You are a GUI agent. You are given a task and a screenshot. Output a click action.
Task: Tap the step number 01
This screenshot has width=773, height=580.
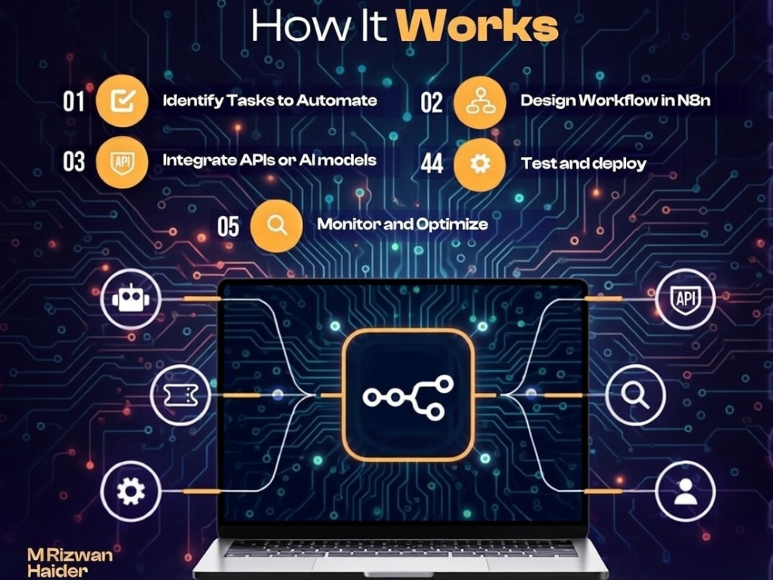coord(74,101)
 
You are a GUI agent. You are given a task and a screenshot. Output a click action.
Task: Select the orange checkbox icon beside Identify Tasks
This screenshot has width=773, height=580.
coord(122,101)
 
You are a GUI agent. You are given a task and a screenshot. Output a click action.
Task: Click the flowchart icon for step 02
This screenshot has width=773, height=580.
coord(480,103)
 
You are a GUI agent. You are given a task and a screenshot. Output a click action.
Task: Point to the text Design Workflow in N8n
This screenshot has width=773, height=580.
coord(615,101)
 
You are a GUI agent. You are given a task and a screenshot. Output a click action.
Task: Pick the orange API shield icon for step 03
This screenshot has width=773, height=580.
coord(122,162)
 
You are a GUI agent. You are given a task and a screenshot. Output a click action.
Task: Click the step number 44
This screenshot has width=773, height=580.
coord(432,163)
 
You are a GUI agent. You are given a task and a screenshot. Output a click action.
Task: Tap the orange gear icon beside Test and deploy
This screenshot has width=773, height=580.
coord(480,164)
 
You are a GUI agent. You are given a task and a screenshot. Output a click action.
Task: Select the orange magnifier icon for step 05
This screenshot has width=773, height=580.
coord(277,226)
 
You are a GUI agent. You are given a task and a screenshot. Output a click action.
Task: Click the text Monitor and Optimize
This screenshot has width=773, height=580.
coord(402,224)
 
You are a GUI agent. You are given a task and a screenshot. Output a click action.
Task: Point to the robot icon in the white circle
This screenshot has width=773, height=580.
coord(131,299)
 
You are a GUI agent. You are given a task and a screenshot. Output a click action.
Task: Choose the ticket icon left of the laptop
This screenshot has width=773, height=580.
coord(180,395)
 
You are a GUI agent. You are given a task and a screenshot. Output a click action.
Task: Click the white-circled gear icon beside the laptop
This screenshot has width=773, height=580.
coord(131,491)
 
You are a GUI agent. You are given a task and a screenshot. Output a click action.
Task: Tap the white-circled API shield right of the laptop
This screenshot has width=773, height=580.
coord(686,299)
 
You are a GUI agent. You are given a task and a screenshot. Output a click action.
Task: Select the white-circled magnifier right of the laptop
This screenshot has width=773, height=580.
coord(635,395)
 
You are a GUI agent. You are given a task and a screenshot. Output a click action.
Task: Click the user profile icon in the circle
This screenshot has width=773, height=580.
coord(686,491)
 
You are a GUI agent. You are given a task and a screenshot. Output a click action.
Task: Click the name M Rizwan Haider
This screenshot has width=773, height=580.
coord(70,563)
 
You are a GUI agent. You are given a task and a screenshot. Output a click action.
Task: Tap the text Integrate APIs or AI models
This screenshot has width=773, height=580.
coord(269,160)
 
